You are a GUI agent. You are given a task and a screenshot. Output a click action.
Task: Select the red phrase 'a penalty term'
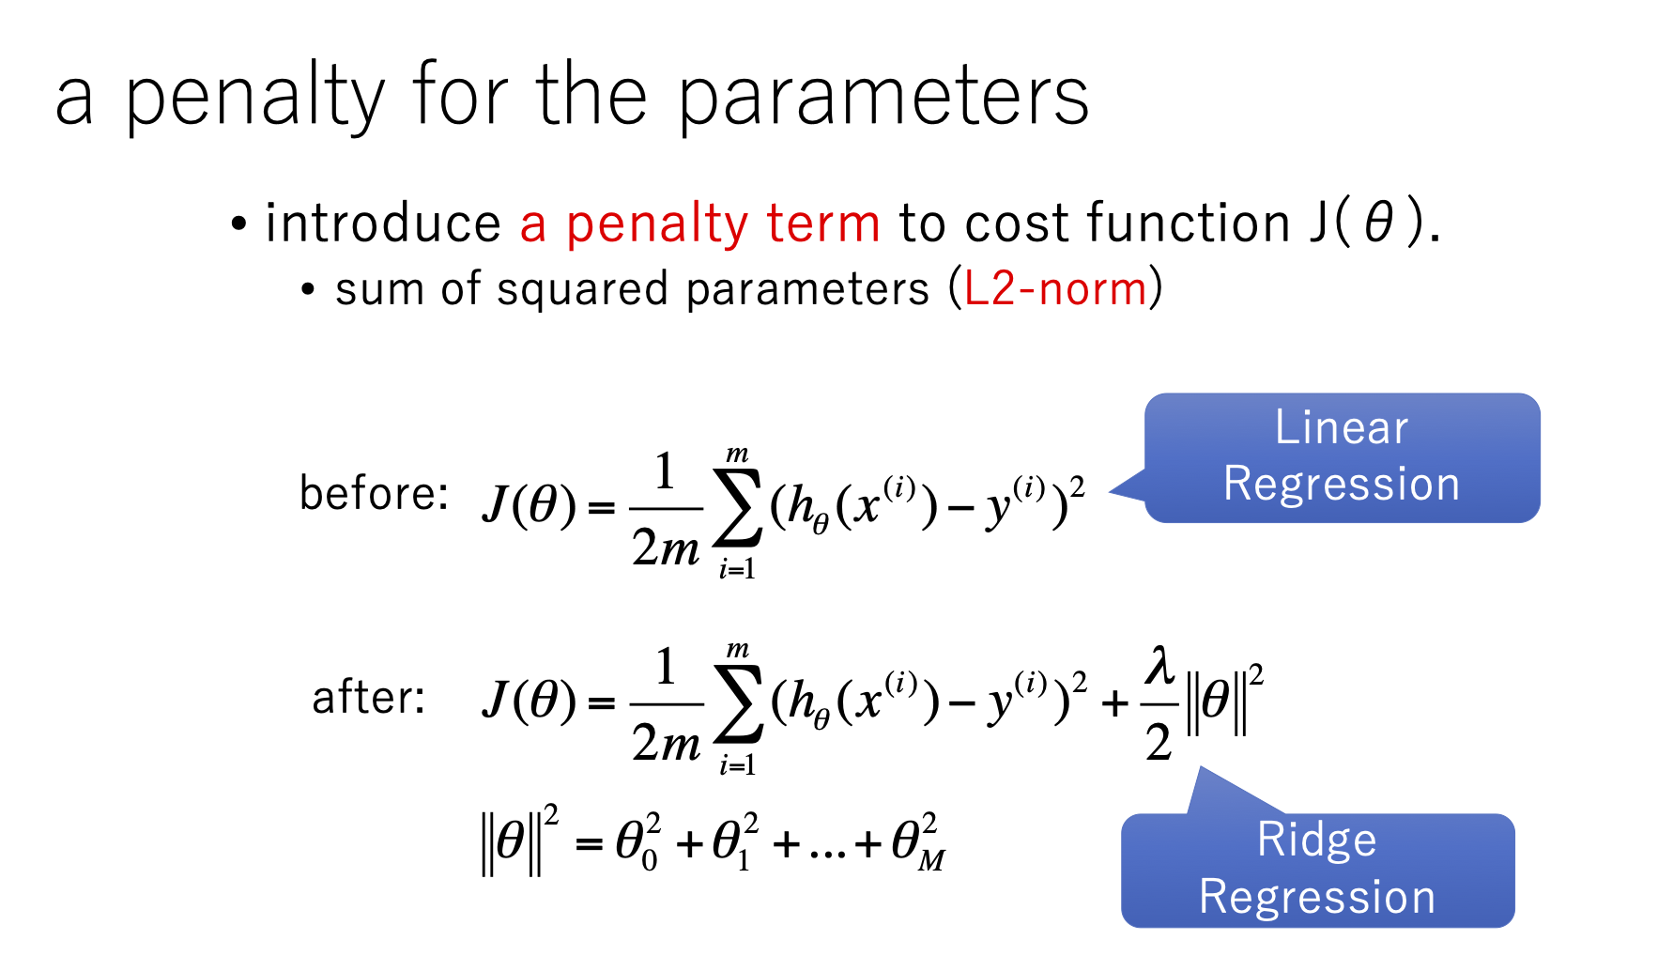[700, 224]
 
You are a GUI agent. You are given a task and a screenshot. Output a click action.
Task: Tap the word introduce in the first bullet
[383, 223]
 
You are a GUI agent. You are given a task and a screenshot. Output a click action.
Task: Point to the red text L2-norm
[1055, 288]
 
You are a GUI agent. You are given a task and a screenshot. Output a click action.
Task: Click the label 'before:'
[374, 493]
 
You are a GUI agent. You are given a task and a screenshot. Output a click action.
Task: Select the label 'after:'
[368, 698]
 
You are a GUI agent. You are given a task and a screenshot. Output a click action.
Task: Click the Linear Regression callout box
[1342, 457]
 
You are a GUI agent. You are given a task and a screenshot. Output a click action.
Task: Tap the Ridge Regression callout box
[1317, 869]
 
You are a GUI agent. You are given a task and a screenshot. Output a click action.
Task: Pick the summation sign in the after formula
[738, 704]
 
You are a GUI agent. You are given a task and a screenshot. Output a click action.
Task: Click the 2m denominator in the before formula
[666, 547]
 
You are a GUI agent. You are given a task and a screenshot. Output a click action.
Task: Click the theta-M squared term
[918, 841]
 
